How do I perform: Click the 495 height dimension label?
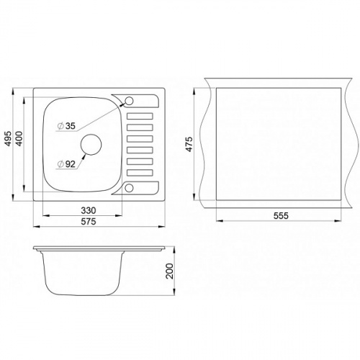coord(8,139)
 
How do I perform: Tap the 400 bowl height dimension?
coord(19,139)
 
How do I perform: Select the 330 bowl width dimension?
coord(89,210)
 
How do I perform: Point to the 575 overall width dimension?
coord(89,221)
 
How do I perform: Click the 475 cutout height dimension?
coord(189,144)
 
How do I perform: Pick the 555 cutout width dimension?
coord(281,216)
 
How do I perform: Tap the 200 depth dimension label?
coord(170,271)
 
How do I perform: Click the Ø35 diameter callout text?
coord(67,126)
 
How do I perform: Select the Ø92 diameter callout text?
coord(67,164)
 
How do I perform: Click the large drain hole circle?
coord(91,144)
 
